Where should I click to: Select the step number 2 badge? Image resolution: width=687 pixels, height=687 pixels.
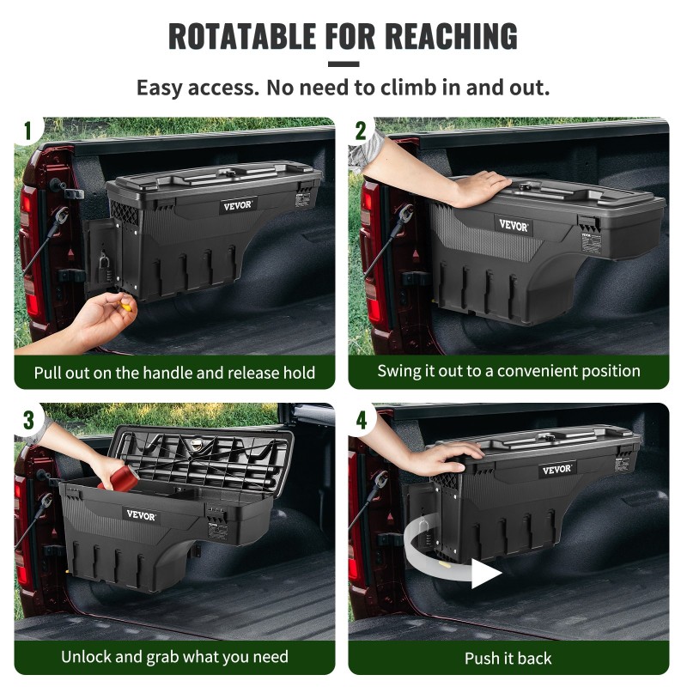pos(361,131)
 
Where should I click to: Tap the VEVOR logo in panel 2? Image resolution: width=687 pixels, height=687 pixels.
pos(514,225)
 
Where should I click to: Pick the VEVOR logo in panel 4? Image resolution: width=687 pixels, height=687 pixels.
pos(557,470)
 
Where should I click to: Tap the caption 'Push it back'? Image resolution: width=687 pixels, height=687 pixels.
pos(508,659)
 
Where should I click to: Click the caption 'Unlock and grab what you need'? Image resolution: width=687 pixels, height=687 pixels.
pos(174,658)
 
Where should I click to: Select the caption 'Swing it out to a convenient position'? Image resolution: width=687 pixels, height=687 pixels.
pos(508,371)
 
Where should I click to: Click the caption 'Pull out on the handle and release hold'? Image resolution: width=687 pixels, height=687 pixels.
pos(174,373)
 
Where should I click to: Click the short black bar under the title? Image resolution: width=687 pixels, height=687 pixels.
pos(343,64)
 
